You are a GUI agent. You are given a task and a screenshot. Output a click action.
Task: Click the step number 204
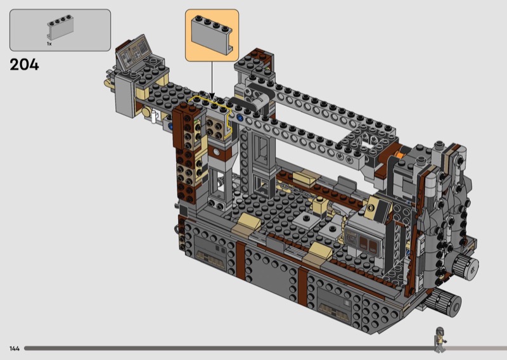pyautogui.click(x=24, y=65)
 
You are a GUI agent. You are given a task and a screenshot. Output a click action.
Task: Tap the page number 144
pyautogui.click(x=15, y=349)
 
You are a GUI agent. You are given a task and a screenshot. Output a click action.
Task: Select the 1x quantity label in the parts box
pyautogui.click(x=49, y=44)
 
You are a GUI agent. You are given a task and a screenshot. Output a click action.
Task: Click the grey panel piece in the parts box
pyautogui.click(x=60, y=27)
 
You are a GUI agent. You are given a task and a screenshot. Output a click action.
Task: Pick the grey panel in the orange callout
pyautogui.click(x=212, y=34)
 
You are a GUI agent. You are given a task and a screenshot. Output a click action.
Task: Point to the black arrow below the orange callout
pyautogui.click(x=212, y=81)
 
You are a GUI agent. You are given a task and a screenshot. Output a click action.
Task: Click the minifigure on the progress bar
pyautogui.click(x=439, y=340)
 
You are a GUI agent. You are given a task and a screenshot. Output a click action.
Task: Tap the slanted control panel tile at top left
pyautogui.click(x=133, y=53)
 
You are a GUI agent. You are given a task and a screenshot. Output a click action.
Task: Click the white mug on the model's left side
pyautogui.click(x=154, y=117)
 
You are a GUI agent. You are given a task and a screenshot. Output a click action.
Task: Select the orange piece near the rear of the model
pyautogui.click(x=400, y=155)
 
